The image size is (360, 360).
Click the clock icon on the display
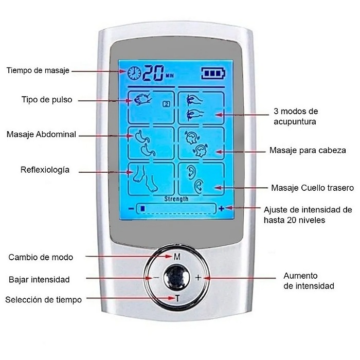tap(134, 73)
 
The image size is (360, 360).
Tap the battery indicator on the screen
tap(213, 73)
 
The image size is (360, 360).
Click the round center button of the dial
tap(176, 277)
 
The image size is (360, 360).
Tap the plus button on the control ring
tap(198, 278)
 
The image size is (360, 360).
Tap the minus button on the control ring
tap(156, 278)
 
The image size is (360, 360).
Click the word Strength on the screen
tap(176, 199)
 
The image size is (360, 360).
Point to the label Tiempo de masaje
tap(38, 70)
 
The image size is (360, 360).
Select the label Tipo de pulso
tap(47, 100)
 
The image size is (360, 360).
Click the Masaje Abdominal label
tap(41, 134)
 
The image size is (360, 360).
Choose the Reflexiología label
tap(45, 170)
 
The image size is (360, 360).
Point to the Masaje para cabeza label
tap(308, 150)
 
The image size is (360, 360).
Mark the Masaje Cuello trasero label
tap(313, 188)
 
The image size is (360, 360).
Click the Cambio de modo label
tap(41, 257)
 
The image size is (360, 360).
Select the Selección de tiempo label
tap(43, 300)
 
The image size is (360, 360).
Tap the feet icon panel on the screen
tap(151, 179)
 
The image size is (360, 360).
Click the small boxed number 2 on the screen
tap(167, 104)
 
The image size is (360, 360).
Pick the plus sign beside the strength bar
tap(221, 208)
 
